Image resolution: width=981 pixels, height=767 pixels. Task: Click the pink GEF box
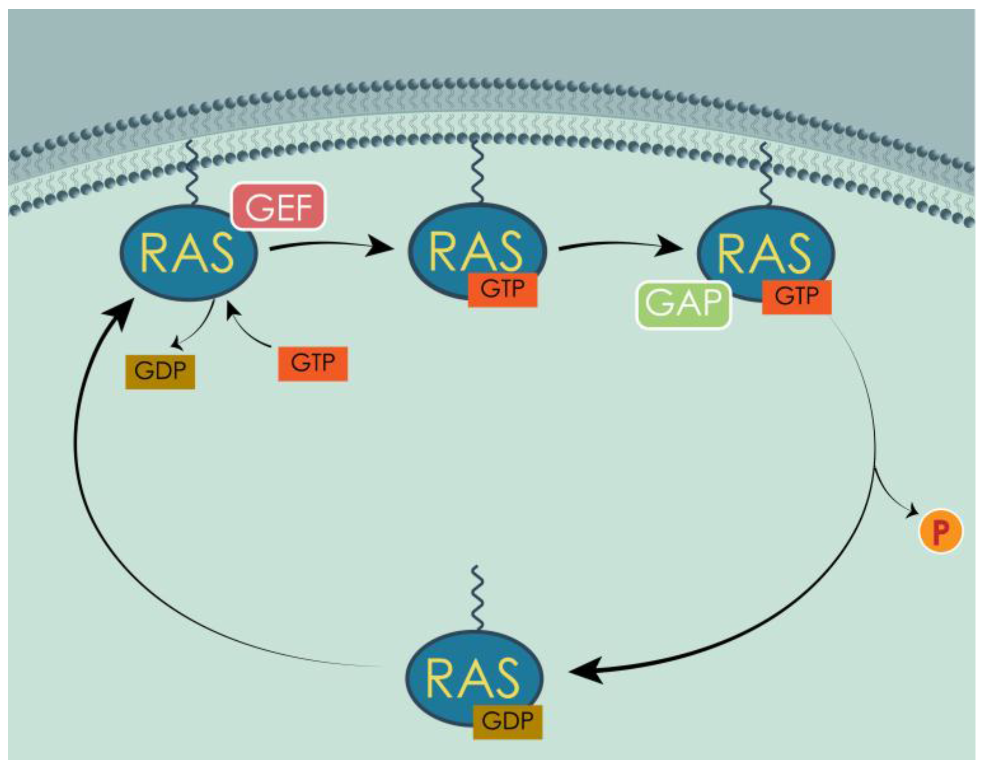pyautogui.click(x=278, y=206)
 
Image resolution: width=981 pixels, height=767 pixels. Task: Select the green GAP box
pyautogui.click(x=683, y=304)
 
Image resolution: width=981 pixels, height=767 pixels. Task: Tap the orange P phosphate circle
pyautogui.click(x=941, y=531)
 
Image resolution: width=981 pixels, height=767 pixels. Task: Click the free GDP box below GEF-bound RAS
pyautogui.click(x=160, y=372)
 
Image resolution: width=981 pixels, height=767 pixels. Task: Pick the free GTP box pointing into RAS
pyautogui.click(x=313, y=364)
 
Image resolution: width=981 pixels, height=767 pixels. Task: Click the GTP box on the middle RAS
pyautogui.click(x=502, y=289)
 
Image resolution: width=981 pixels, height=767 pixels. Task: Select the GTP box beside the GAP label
pyautogui.click(x=796, y=297)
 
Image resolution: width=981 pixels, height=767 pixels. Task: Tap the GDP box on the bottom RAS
pyautogui.click(x=507, y=722)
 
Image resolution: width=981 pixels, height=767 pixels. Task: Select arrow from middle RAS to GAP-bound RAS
pyautogui.click(x=620, y=245)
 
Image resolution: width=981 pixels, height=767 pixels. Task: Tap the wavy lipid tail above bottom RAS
pyautogui.click(x=477, y=597)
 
